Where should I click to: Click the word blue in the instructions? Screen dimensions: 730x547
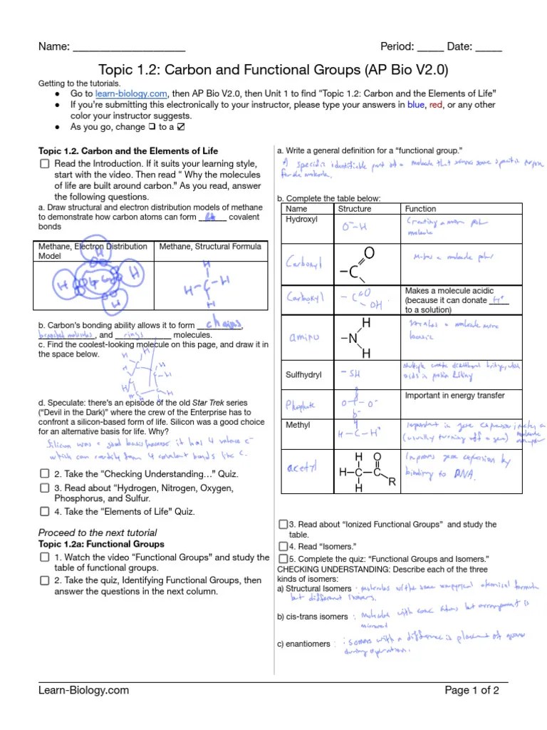click(x=415, y=105)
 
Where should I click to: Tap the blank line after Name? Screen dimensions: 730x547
click(x=128, y=47)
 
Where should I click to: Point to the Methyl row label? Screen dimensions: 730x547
click(x=298, y=425)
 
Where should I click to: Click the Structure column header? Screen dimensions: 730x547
click(x=354, y=209)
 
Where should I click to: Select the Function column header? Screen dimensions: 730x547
click(x=420, y=209)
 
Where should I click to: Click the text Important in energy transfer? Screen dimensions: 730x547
click(x=454, y=396)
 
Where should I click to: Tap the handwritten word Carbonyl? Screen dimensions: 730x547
click(x=304, y=263)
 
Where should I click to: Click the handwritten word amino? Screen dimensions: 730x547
click(x=302, y=336)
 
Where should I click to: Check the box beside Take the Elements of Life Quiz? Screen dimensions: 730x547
click(x=44, y=511)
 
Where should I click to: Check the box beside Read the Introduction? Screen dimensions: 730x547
click(x=44, y=164)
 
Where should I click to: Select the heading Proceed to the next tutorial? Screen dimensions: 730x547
click(x=97, y=533)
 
